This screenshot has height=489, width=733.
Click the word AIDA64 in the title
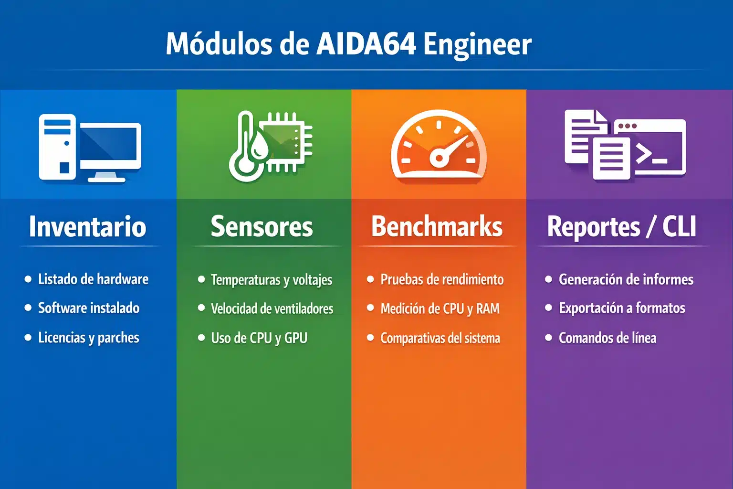[366, 44]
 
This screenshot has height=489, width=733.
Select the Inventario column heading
[87, 226]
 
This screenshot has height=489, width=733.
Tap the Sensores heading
[262, 226]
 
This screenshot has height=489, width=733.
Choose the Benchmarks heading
[437, 226]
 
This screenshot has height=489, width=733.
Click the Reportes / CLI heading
[621, 226]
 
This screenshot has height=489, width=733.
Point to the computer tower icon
[57, 147]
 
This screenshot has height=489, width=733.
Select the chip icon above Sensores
[286, 141]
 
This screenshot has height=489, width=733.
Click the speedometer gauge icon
[438, 146]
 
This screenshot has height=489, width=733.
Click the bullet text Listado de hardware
[93, 279]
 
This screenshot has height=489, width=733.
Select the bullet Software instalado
[89, 308]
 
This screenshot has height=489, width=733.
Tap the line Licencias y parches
[88, 338]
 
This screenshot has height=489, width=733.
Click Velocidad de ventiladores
[272, 308]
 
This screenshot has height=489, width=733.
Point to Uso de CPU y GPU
[259, 338]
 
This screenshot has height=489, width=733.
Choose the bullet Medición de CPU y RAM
[440, 308]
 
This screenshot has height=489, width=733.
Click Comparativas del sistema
[440, 338]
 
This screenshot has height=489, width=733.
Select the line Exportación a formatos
[622, 308]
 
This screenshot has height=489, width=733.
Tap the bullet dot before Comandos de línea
[548, 338]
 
